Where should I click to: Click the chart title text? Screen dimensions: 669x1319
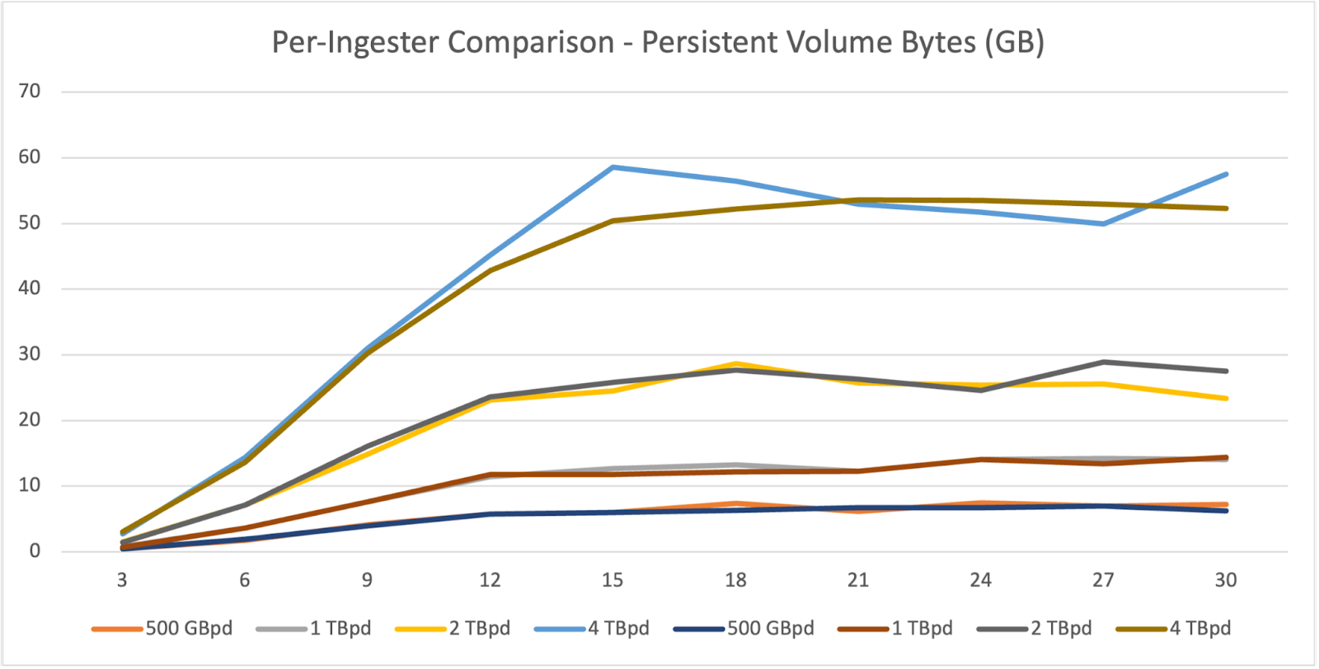(658, 42)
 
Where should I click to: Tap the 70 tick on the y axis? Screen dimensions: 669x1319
(29, 91)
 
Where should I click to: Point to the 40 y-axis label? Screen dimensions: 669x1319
(29, 288)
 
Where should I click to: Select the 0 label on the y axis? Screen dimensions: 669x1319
(35, 551)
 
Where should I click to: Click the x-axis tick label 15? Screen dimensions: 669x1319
(613, 580)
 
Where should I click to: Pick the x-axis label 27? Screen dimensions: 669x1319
(1103, 580)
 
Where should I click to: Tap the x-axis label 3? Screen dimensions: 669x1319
(122, 580)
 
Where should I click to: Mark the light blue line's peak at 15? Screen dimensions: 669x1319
(613, 167)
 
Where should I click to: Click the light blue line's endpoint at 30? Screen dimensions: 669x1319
(1226, 174)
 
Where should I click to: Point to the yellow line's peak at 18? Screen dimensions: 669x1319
(735, 363)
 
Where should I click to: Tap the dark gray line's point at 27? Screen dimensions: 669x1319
(1103, 362)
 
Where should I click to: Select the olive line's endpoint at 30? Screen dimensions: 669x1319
(1226, 208)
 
